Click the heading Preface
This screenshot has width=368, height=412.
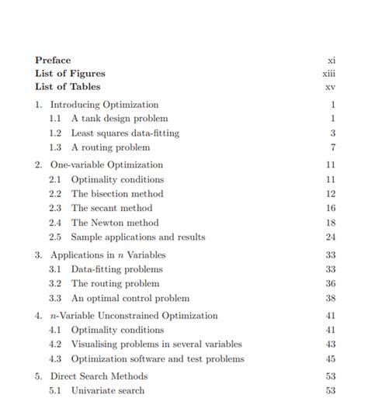53,60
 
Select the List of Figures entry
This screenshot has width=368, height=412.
70,74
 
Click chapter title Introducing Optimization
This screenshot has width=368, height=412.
104,104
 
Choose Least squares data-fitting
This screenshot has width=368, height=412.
125,133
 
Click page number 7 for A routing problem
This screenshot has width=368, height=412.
332,147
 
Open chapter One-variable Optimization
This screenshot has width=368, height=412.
106,164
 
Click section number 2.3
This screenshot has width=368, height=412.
55,208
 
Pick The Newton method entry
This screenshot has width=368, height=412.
115,223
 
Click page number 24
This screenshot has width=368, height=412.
331,237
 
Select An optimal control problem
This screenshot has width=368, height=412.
130,298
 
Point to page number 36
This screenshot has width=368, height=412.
331,284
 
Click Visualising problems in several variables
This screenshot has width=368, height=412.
157,344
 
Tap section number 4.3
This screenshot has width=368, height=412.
55,358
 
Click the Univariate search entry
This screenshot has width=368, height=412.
108,390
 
